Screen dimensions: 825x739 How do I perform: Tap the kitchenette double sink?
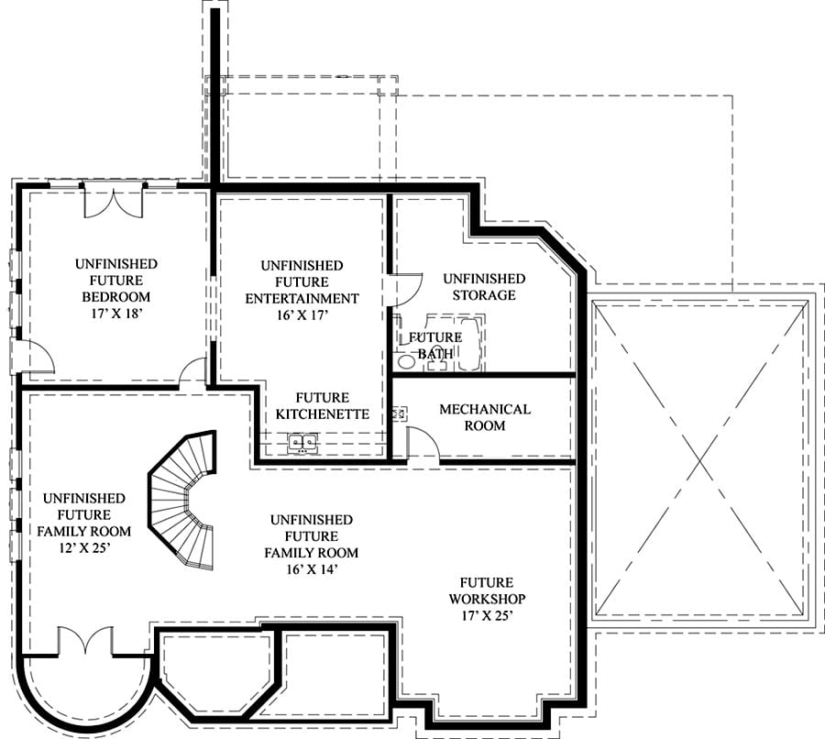[x=302, y=442]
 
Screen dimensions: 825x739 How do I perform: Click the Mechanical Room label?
[x=485, y=417]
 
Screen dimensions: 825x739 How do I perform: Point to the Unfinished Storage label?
[x=484, y=286]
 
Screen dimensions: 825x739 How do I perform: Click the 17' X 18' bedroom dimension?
[x=116, y=314]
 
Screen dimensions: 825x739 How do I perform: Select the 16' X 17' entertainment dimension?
[x=302, y=314]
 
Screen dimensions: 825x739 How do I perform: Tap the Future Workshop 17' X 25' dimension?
[x=488, y=615]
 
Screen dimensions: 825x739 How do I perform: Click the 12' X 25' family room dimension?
[x=84, y=548]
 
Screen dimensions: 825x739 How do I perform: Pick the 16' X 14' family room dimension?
[x=312, y=569]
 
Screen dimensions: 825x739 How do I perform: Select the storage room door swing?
[x=407, y=290]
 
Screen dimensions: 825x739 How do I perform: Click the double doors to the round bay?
[x=85, y=641]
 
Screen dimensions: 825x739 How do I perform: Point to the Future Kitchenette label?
[x=322, y=406]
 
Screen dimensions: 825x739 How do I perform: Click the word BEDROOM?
[x=116, y=297]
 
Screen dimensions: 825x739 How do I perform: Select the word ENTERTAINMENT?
[x=302, y=299]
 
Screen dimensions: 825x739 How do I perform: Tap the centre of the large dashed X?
[x=700, y=461]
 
